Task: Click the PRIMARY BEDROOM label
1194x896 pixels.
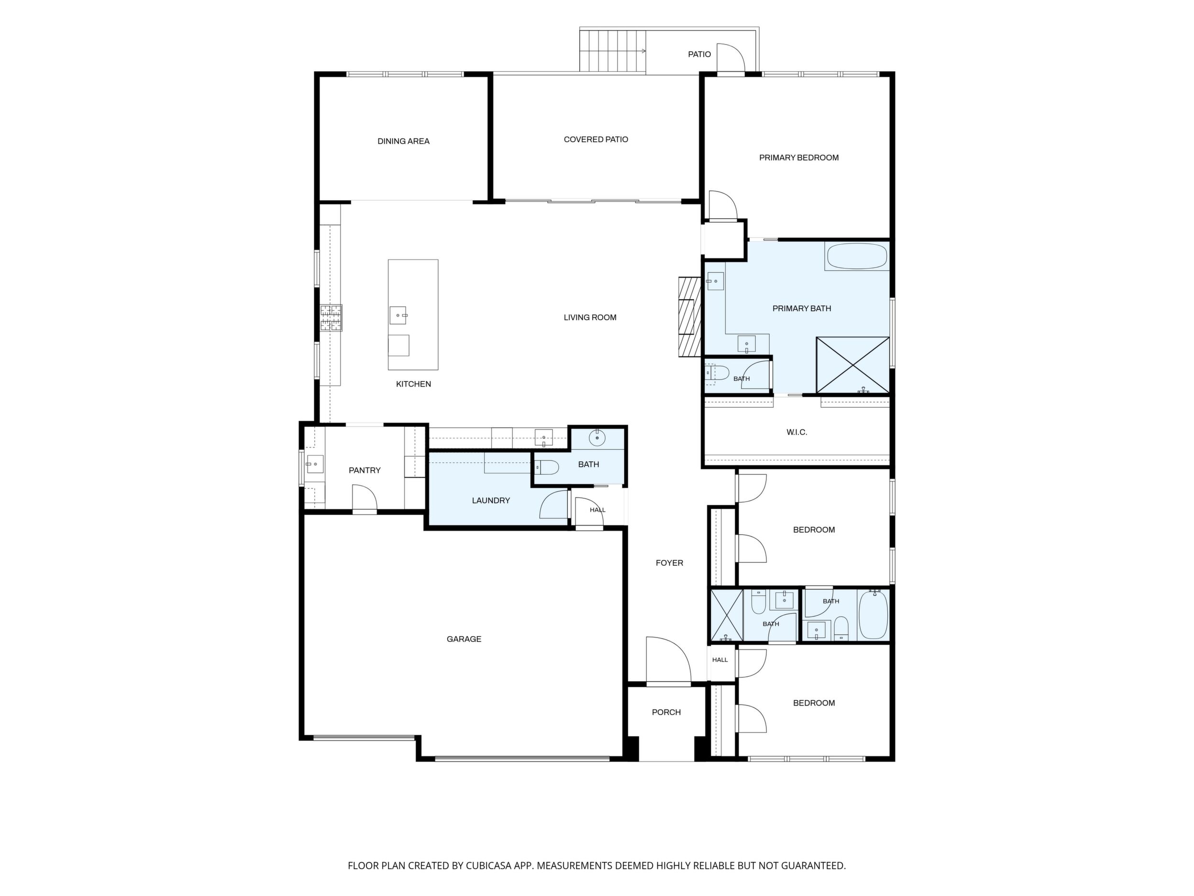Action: tap(799, 157)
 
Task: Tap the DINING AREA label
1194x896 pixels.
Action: tap(403, 142)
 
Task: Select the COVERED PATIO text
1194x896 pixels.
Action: tap(596, 139)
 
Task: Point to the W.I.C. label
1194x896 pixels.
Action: tap(797, 432)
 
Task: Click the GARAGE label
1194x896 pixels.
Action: tap(464, 639)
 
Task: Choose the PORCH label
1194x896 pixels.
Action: tap(666, 712)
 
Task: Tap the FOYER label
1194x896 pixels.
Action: tap(669, 563)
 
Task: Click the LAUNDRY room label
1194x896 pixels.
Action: tap(491, 501)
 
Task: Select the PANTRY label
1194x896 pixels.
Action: tap(365, 470)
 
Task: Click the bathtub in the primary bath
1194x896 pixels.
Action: tap(856, 257)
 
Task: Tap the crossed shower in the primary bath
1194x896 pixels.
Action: tap(853, 365)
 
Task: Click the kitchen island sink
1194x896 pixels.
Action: tap(398, 315)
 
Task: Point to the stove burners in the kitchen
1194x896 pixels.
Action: tap(331, 318)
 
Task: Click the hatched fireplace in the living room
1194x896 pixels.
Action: tap(689, 317)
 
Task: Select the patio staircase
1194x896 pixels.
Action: tap(613, 51)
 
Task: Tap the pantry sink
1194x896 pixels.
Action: tap(314, 464)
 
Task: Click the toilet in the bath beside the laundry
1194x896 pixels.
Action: tap(546, 467)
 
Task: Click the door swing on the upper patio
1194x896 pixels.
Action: tap(731, 57)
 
